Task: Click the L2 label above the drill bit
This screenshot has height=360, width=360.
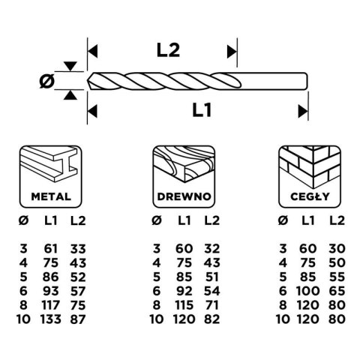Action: point(168,50)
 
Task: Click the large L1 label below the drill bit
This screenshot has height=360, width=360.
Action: point(202,110)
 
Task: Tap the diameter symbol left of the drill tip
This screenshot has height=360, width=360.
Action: point(47,81)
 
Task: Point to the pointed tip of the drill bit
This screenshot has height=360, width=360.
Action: point(88,81)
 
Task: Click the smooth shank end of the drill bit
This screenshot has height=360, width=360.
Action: point(306,81)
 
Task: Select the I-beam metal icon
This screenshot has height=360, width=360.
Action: point(50,164)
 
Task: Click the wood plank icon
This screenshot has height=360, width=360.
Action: point(184,164)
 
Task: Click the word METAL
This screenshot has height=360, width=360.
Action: point(51,196)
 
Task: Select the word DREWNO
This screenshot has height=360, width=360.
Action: point(184,196)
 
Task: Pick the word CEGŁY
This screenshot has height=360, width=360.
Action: point(310,196)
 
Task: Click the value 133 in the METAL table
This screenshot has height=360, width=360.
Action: point(50,319)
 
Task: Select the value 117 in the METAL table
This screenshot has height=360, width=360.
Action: point(50,305)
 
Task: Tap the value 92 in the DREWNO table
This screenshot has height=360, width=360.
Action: point(184,291)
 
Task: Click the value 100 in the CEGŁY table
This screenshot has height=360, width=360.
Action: point(307,291)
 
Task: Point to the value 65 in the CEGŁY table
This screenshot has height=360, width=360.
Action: point(337,291)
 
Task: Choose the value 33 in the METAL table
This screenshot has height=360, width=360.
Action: point(78,249)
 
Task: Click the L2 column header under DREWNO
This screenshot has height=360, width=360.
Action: point(211,220)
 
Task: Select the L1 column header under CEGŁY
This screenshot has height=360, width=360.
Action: point(307,220)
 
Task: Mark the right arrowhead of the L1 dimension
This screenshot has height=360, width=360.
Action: point(303,111)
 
